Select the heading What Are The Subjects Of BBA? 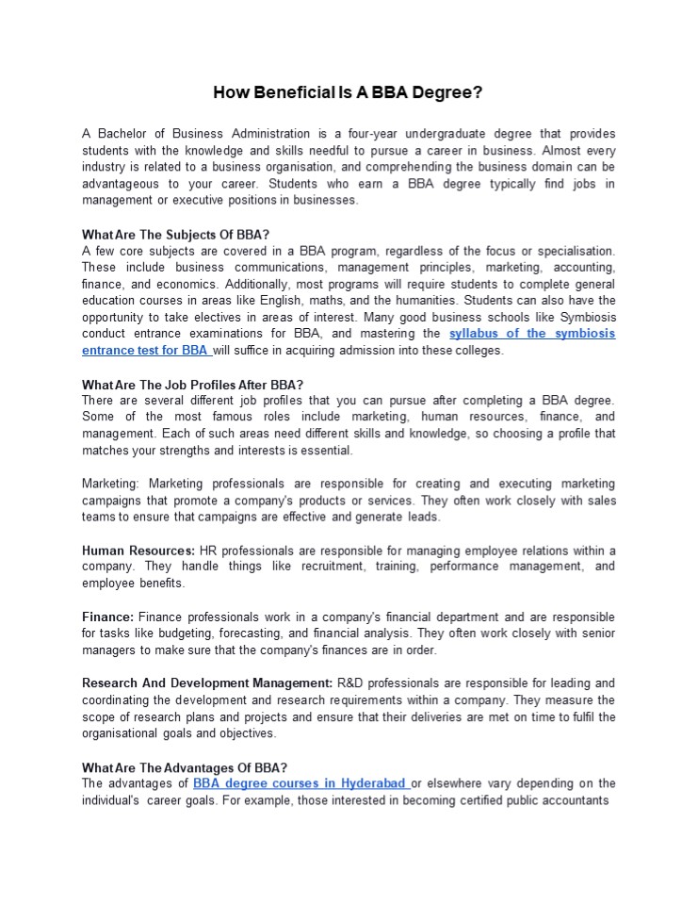(x=175, y=234)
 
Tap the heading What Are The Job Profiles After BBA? (x=192, y=384)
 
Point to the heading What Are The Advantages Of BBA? (x=185, y=767)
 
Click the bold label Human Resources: (x=138, y=550)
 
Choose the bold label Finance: (x=107, y=617)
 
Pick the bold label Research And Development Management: (x=207, y=683)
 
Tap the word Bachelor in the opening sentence (x=122, y=133)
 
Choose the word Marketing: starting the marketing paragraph (x=112, y=484)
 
